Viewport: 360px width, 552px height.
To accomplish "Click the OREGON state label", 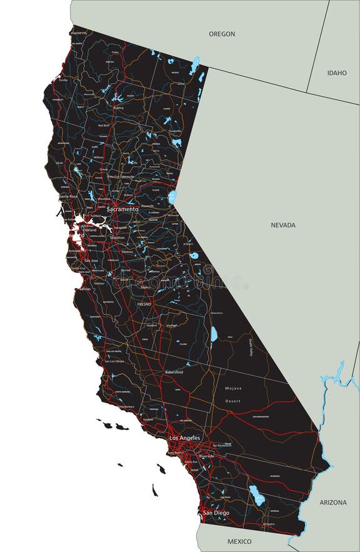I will (222, 34).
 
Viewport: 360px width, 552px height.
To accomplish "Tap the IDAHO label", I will (337, 73).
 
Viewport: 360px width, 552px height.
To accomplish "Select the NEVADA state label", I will (283, 225).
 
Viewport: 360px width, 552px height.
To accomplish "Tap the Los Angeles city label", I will (184, 438).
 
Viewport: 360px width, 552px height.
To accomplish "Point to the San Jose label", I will (91, 261).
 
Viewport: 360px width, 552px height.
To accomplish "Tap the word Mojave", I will (233, 388).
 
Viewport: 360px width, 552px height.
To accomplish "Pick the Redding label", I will (119, 108).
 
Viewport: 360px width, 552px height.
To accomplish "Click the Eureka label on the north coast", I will (63, 80).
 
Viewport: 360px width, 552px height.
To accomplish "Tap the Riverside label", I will (207, 456).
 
